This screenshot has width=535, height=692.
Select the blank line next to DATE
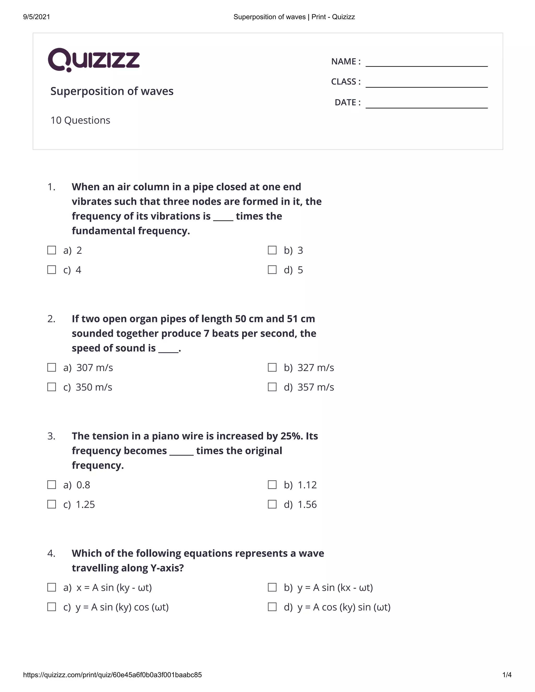click(x=426, y=104)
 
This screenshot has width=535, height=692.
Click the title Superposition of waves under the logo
click(x=112, y=91)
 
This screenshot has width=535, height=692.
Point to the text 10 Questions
click(x=80, y=120)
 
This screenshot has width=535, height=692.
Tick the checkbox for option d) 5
click(x=272, y=270)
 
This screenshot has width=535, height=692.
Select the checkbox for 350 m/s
click(x=52, y=387)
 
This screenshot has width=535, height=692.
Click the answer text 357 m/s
click(x=316, y=387)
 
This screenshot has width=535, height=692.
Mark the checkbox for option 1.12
click(x=272, y=484)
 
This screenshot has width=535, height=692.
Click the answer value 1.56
click(x=307, y=505)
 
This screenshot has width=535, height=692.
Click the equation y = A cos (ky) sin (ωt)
click(x=344, y=607)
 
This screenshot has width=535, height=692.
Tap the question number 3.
click(x=51, y=436)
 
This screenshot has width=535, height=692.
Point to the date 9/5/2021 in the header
click(x=37, y=17)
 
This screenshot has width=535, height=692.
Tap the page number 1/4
click(x=507, y=675)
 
